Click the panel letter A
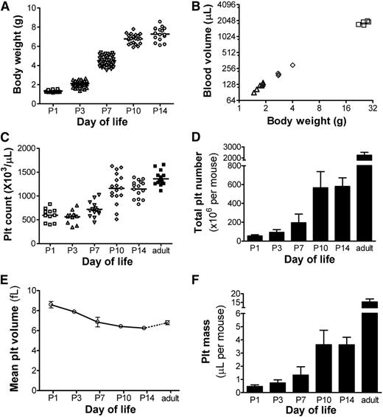(x=6, y=7)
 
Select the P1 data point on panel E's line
(x=50, y=304)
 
